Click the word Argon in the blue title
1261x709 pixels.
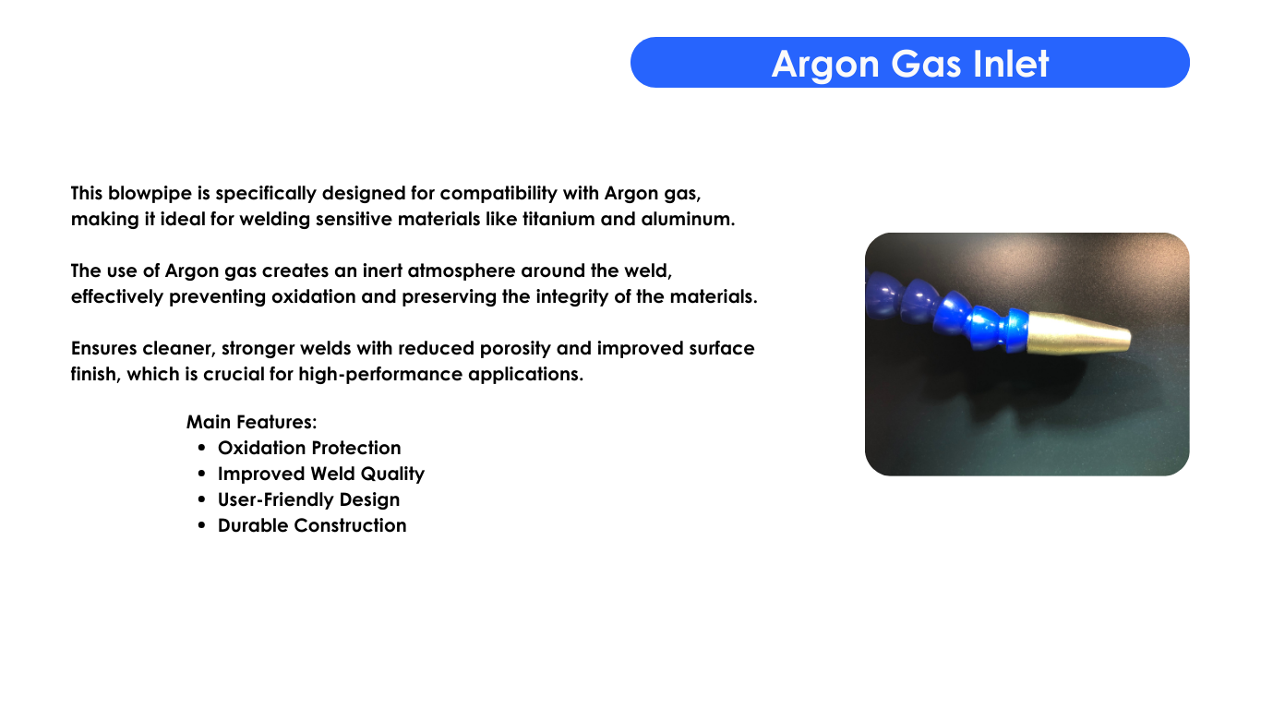tap(825, 65)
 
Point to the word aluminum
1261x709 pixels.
tap(688, 219)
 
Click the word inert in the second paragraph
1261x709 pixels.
tap(382, 270)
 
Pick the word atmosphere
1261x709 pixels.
tap(462, 270)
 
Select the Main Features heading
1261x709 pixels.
tap(252, 422)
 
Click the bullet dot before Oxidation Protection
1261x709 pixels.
tap(202, 448)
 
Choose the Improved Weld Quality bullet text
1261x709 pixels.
tap(321, 475)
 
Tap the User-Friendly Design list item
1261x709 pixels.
tap(308, 500)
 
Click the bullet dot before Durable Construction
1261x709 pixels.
tap(202, 525)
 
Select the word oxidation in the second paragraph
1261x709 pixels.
tap(313, 296)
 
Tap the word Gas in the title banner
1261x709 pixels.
tap(926, 63)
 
